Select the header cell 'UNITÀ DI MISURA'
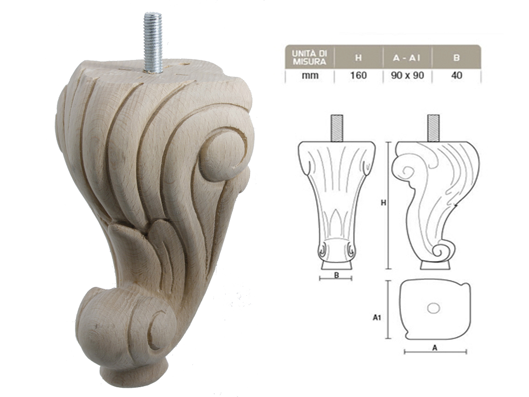(x=309, y=57)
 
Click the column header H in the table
(x=358, y=57)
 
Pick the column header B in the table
(x=456, y=57)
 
